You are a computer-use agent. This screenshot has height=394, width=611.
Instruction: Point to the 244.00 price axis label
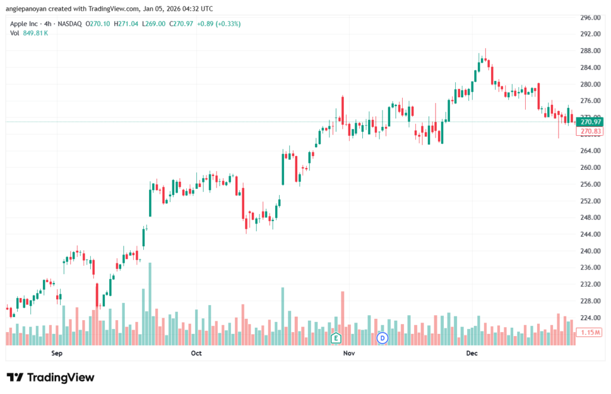(590, 234)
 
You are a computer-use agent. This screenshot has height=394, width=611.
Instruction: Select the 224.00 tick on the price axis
(590, 318)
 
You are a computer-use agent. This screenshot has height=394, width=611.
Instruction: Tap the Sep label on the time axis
(57, 353)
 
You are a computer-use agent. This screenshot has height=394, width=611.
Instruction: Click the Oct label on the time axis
(196, 353)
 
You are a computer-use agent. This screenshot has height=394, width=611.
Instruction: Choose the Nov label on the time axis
(349, 353)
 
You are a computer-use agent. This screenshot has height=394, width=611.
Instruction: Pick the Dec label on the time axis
(471, 353)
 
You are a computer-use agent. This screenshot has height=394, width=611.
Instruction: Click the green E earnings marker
(336, 338)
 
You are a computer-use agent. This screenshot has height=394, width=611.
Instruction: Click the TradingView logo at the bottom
(50, 377)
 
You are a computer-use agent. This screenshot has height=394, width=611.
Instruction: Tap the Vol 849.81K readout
(29, 33)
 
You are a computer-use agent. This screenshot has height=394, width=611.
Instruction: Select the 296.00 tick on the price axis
(590, 17)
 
